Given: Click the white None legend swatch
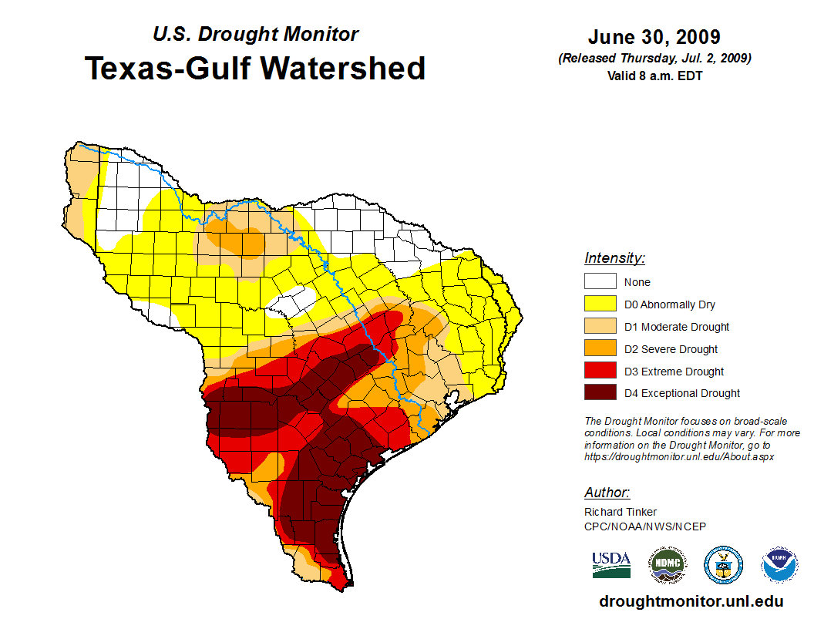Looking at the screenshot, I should [x=600, y=282].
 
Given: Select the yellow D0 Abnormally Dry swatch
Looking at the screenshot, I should [x=600, y=304].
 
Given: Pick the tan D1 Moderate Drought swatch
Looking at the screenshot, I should [x=600, y=327].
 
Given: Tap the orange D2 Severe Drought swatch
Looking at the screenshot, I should [x=600, y=349].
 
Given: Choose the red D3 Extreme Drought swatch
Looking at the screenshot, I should [x=600, y=372].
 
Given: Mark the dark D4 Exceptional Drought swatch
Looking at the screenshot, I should [x=600, y=393].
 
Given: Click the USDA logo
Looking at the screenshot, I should [x=611, y=565].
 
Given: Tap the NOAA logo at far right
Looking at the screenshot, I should [x=779, y=565].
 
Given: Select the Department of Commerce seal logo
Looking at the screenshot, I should [x=723, y=565].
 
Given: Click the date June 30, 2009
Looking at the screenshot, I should [x=654, y=37].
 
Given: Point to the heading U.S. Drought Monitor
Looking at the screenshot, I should [x=256, y=34].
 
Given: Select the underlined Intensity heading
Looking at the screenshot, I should [x=614, y=258].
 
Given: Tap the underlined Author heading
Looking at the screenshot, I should [x=607, y=493].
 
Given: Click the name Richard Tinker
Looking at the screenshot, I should [x=621, y=512].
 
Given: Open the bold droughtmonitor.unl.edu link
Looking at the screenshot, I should [x=691, y=602].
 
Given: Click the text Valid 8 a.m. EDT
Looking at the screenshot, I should [x=654, y=76].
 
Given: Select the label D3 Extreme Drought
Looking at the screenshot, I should [x=674, y=372].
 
